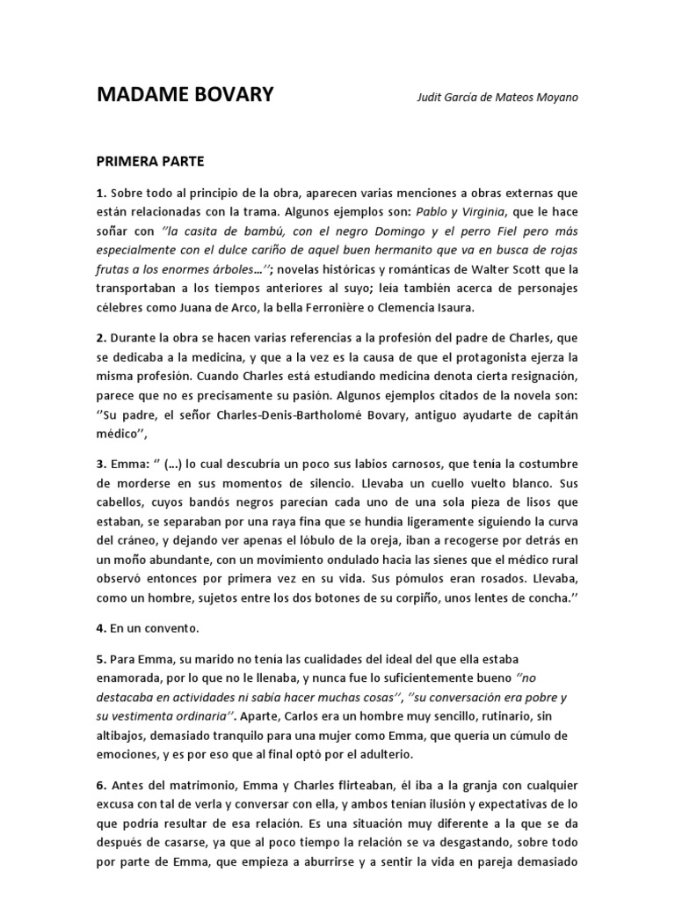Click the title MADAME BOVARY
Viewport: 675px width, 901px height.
pos(185,95)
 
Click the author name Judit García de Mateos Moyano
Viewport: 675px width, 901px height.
pos(497,97)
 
